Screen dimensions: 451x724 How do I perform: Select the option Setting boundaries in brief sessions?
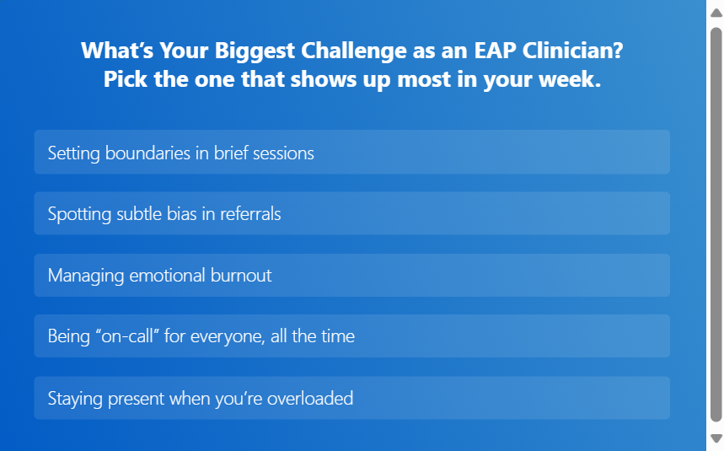click(351, 153)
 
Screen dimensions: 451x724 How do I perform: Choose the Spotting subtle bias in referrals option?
click(351, 214)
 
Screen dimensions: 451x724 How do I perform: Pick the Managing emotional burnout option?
click(351, 276)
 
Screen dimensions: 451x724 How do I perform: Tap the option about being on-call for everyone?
click(351, 336)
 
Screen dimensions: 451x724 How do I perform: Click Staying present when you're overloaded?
click(351, 398)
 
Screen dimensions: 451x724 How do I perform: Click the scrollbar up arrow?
click(716, 12)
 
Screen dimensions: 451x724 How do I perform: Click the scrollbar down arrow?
click(716, 438)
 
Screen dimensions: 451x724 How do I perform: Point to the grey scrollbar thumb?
click(716, 223)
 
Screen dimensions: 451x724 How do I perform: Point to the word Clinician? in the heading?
click(573, 51)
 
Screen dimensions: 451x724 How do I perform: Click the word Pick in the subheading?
click(124, 81)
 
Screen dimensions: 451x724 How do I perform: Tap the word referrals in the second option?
click(250, 214)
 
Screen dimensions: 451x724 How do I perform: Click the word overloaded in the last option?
click(310, 398)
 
